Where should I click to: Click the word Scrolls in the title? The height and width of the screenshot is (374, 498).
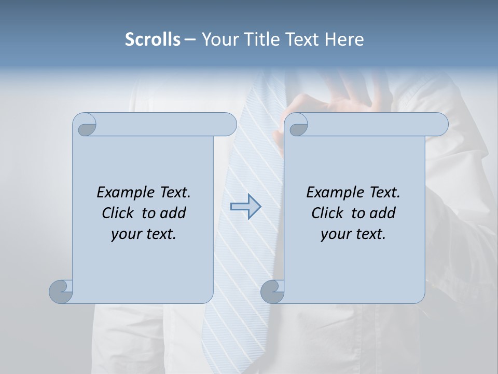coord(153,39)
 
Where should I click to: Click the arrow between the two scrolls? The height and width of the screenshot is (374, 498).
coord(245,207)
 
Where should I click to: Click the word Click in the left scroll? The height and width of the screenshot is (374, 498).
coord(119,213)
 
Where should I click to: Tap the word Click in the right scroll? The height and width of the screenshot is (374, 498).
coord(328,213)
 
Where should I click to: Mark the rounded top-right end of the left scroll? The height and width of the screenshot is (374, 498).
coord(228,124)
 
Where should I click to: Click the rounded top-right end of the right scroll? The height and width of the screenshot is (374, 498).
coord(440,124)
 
